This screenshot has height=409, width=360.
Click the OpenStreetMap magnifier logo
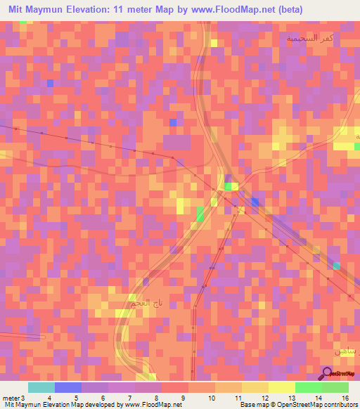tap(327, 374)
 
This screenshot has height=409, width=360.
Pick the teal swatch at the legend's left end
tap(41, 387)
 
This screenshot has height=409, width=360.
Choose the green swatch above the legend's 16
tap(335, 387)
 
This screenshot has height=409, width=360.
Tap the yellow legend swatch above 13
tap(282, 387)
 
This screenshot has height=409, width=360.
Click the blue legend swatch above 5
tap(68, 387)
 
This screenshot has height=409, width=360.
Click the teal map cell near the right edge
tap(337, 265)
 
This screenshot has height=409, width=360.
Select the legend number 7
tap(122, 398)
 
